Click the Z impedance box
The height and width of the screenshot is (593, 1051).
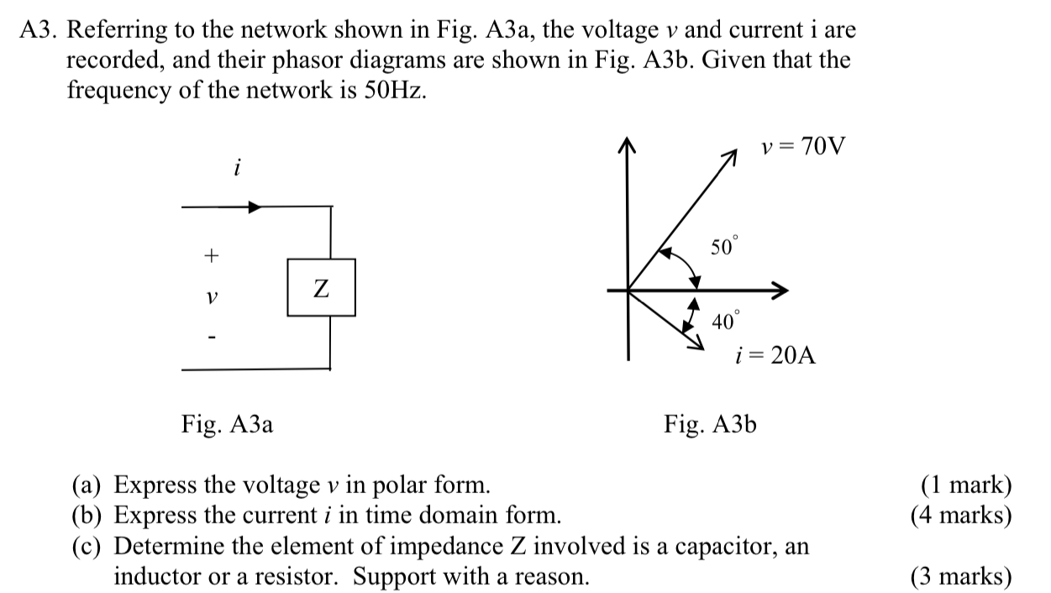[x=321, y=287]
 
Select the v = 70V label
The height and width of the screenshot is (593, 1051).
[x=803, y=148]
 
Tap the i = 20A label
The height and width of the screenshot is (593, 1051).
[x=775, y=355]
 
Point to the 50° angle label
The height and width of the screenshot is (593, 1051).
[x=724, y=246]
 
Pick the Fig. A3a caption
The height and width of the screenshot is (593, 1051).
[x=227, y=424]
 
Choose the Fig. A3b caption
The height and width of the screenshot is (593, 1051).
[x=710, y=424]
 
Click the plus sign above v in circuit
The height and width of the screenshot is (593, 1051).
[x=211, y=254]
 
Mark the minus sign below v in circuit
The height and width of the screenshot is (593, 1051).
[x=212, y=338]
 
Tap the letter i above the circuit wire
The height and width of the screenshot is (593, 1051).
[x=237, y=168]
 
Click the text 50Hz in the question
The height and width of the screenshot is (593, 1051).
[x=395, y=90]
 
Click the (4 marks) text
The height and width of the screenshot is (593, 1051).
[x=961, y=515]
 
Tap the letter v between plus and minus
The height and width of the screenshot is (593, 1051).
[x=212, y=297]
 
